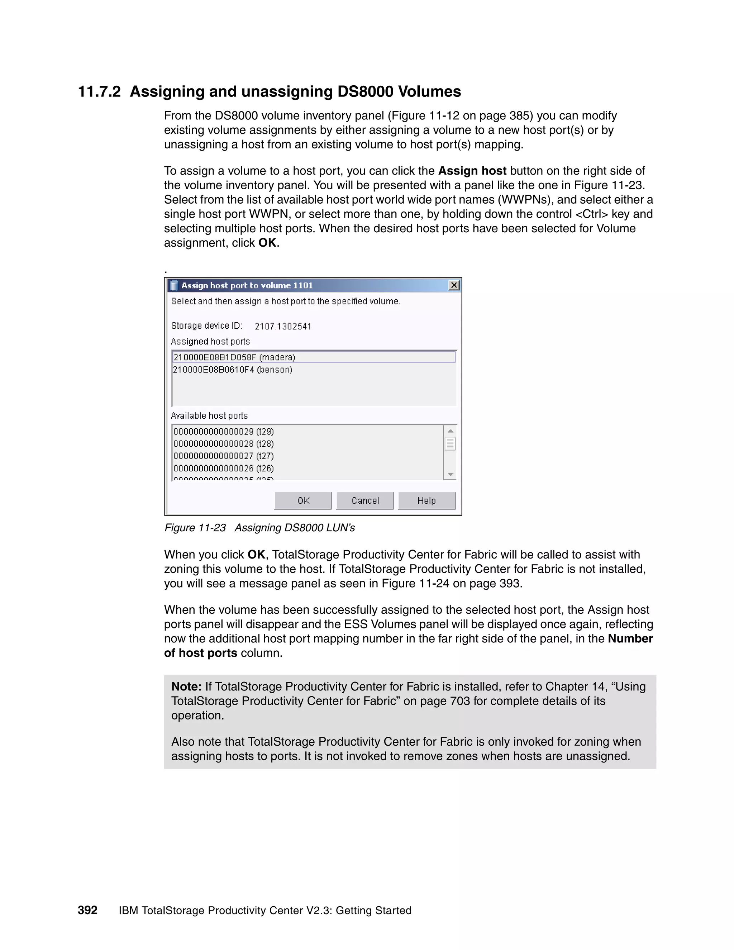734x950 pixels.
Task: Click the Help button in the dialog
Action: coord(426,501)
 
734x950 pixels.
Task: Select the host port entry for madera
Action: coord(234,357)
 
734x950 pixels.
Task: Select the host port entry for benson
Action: coord(233,370)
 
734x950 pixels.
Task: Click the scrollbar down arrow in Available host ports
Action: coord(451,474)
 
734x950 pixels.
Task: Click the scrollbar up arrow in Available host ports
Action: coord(451,431)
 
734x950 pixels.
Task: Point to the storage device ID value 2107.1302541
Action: coord(283,326)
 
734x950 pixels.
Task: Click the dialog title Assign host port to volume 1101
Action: coord(247,285)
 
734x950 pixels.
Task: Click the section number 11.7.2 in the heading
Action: coord(99,92)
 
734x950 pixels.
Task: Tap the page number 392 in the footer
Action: coord(87,911)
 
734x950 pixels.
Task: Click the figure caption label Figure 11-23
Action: coord(195,528)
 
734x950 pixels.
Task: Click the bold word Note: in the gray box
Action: coord(186,687)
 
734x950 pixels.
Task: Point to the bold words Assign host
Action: coord(472,171)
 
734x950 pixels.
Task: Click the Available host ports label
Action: coord(209,416)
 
